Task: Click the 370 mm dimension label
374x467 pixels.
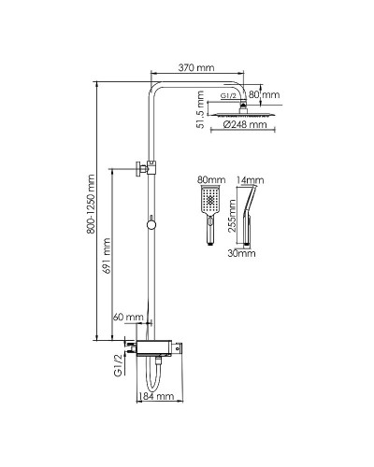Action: coord(196,67)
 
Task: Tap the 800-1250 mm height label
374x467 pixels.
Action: coord(91,204)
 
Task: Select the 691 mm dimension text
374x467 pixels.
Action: coord(107,256)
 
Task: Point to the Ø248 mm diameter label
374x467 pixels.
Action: coord(245,124)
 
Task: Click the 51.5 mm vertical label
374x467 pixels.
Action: coord(201,109)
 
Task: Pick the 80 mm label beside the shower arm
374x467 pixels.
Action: coord(265,94)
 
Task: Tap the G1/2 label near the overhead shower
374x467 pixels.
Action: coord(228,96)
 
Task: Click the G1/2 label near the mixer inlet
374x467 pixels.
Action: coord(118,365)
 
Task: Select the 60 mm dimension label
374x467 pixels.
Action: coord(128,317)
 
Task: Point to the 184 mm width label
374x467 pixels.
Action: coord(156,396)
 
